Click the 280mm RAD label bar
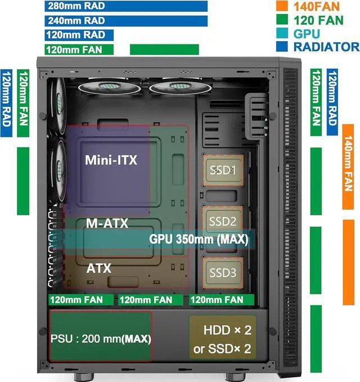[127, 6]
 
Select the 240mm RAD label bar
[127, 20]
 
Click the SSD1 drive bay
[222, 169]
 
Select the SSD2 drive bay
[222, 221]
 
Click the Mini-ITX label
[111, 160]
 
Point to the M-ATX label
[107, 223]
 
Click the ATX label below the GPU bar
[99, 268]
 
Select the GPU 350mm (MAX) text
[198, 240]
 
